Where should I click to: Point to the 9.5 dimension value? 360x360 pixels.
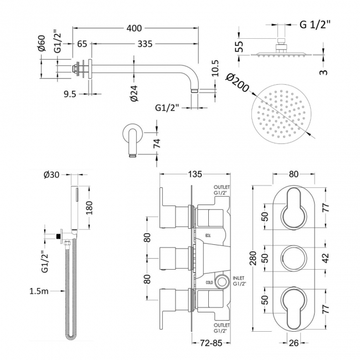(x=70, y=94)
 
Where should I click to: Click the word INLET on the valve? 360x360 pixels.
(x=239, y=278)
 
